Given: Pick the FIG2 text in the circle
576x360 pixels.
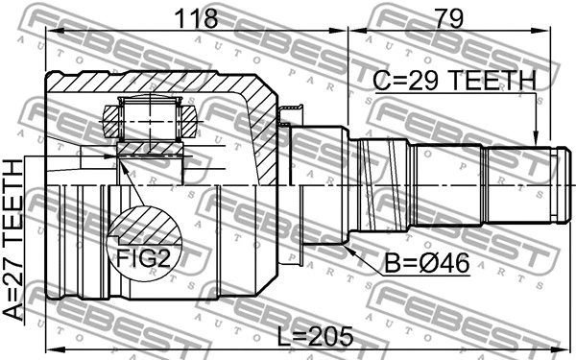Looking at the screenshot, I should pyautogui.click(x=143, y=256).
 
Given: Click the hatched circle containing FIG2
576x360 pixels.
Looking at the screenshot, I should pyautogui.click(x=144, y=240).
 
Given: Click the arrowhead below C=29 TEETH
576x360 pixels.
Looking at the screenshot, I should pyautogui.click(x=539, y=139).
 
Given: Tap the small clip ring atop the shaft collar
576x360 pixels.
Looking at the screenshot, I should pyautogui.click(x=285, y=119).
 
